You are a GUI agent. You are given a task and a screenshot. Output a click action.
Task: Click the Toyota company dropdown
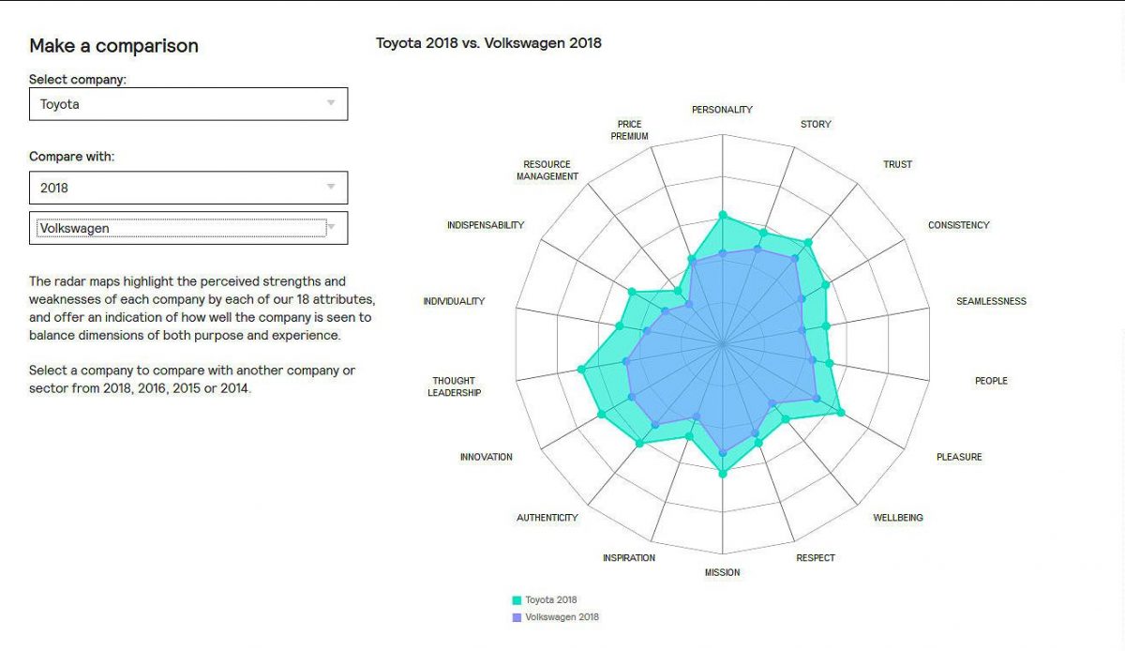(187, 104)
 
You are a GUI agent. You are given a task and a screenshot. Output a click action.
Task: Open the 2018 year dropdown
(187, 188)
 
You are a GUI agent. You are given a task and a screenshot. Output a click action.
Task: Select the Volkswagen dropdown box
(187, 228)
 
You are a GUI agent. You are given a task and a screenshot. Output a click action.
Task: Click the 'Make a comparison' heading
(113, 46)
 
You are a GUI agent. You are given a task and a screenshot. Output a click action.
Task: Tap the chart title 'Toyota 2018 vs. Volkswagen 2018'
(488, 42)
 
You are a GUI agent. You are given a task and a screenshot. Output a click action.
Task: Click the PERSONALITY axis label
(722, 110)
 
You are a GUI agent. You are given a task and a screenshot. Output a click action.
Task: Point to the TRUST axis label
(897, 164)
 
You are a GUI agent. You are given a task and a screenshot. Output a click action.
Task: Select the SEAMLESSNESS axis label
(991, 301)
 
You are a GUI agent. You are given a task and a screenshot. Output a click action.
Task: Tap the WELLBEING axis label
(898, 518)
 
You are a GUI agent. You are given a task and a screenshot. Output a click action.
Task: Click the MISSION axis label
(722, 572)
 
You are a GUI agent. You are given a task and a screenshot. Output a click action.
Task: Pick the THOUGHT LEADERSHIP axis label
(454, 386)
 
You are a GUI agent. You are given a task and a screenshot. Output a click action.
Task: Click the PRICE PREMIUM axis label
(629, 129)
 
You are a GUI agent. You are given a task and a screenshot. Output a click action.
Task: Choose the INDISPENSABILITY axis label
(486, 225)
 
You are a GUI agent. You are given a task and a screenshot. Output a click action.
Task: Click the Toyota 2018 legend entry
(550, 599)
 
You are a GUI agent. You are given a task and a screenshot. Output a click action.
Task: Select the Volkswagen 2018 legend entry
(561, 617)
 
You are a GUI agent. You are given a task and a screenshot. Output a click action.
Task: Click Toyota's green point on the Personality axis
(722, 215)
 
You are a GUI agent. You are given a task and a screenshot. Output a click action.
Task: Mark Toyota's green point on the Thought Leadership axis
(581, 371)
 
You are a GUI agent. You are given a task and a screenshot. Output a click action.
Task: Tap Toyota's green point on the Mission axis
(722, 474)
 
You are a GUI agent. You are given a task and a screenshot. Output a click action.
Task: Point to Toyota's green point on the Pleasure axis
(840, 413)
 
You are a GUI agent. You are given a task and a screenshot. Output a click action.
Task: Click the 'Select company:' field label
(78, 80)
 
